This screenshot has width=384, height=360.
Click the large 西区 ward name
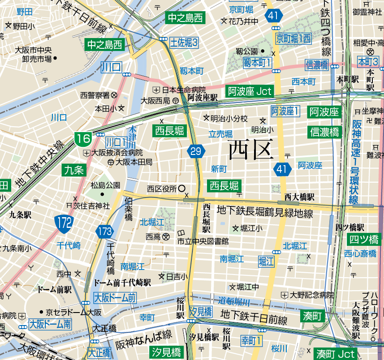[x=251, y=150]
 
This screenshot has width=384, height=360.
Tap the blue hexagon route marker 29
[x=196, y=151]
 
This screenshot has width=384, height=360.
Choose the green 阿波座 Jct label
[x=250, y=91]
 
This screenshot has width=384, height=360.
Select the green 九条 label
[x=74, y=170]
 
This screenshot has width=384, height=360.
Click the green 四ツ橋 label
[x=364, y=239]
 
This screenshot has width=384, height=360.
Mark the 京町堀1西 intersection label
[x=293, y=39]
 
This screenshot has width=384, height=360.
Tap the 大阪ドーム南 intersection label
[x=50, y=324]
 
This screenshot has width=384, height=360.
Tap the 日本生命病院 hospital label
[x=184, y=90]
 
